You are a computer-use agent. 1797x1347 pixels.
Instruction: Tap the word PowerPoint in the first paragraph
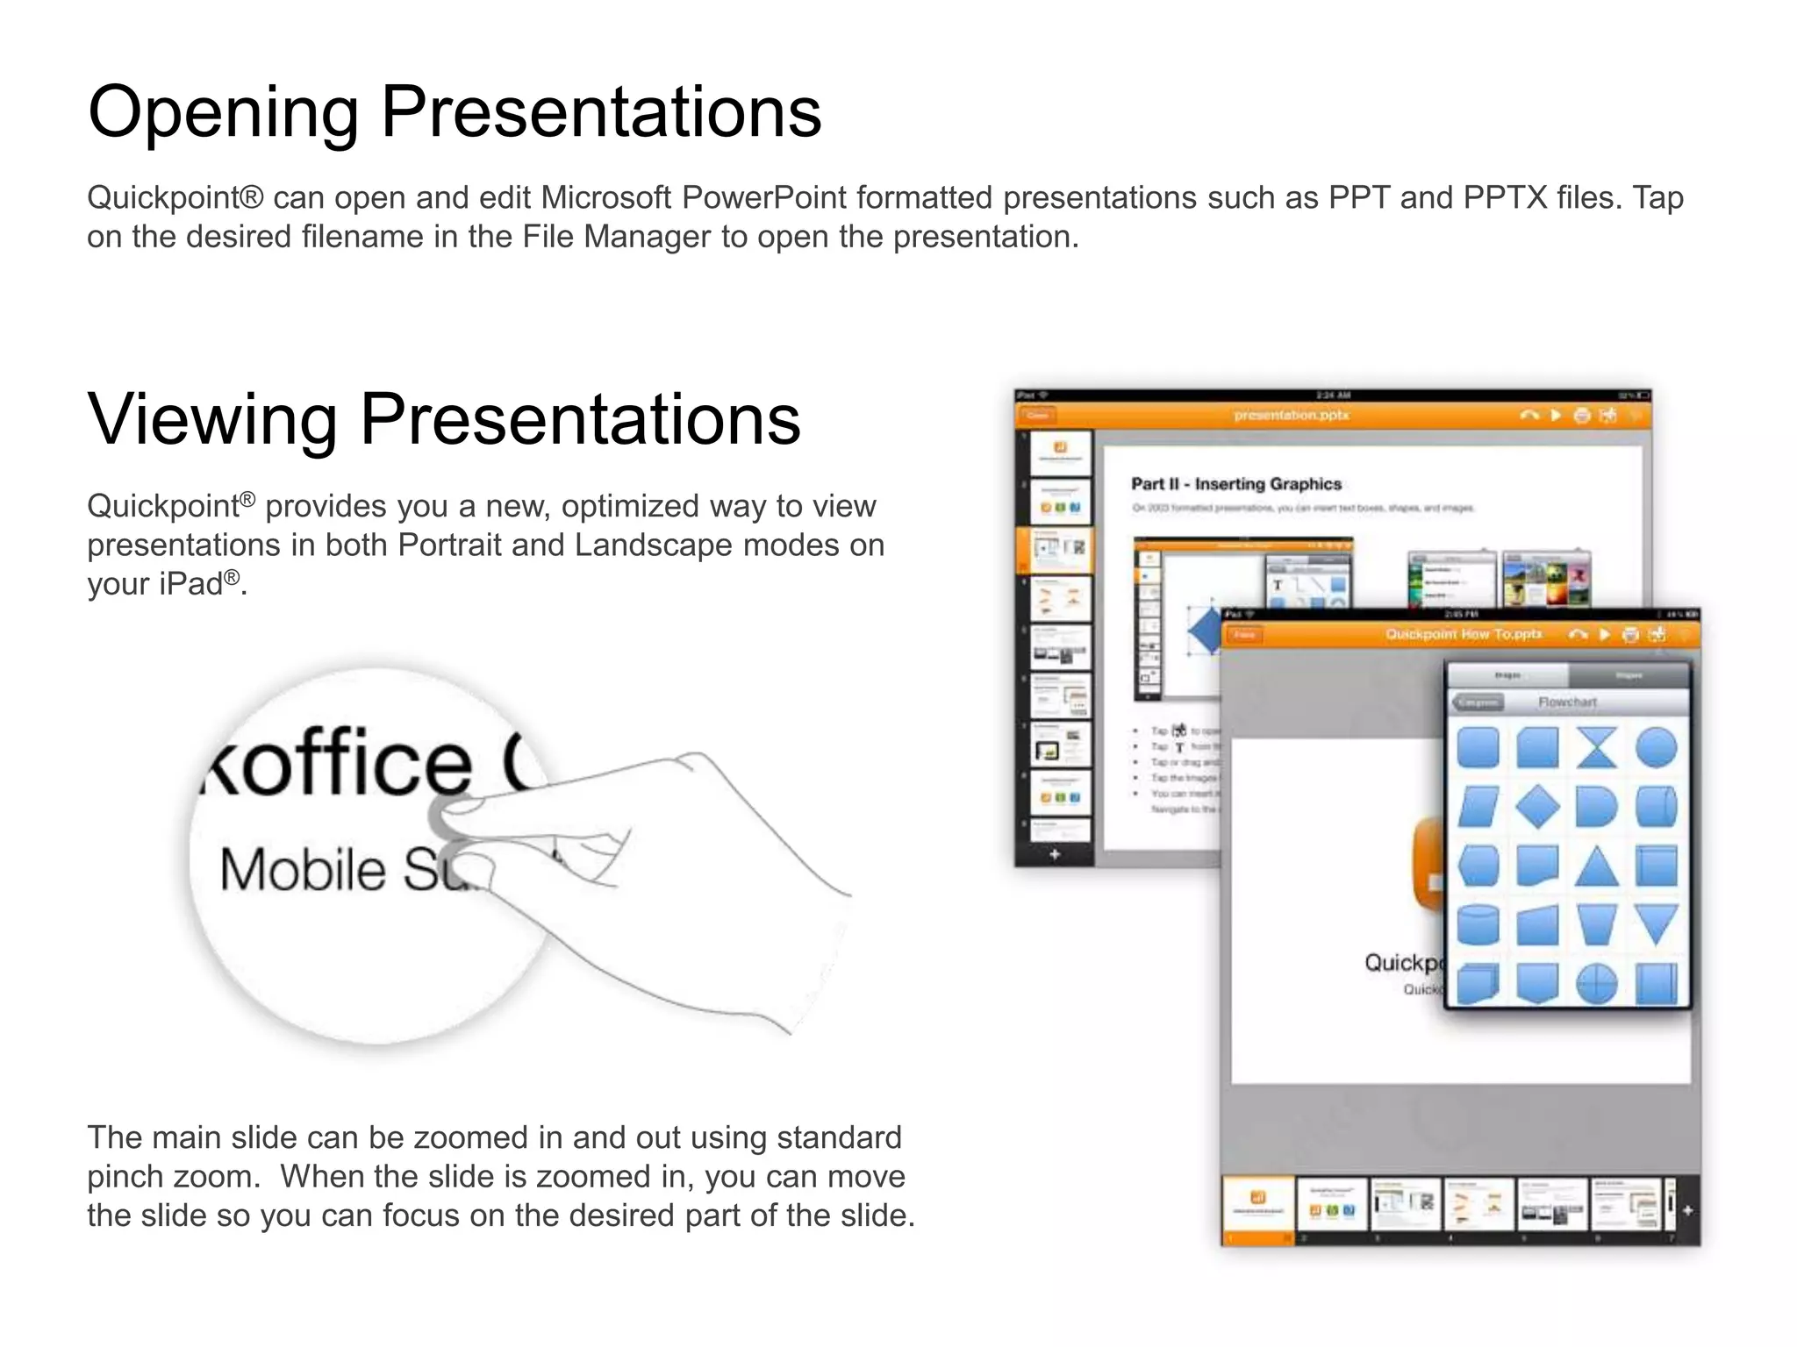coord(763,198)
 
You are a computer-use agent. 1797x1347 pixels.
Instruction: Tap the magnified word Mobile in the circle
coord(303,870)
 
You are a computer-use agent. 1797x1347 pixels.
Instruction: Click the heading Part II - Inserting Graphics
coord(1235,484)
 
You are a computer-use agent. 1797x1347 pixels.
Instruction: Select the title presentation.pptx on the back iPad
coord(1291,415)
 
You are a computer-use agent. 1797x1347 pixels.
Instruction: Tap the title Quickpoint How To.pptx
coord(1463,634)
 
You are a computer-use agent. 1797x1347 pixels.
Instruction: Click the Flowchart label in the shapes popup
coord(1567,702)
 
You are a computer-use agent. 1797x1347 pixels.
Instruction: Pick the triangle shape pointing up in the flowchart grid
coord(1596,866)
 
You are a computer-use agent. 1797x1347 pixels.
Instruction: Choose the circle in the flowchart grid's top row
coord(1656,748)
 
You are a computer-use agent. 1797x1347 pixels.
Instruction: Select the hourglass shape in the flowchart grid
coord(1596,748)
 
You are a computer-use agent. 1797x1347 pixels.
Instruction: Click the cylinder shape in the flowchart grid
coord(1478,925)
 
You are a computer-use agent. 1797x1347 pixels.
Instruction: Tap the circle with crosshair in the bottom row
coord(1596,984)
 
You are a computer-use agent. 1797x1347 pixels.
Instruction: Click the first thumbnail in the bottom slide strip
coord(1257,1204)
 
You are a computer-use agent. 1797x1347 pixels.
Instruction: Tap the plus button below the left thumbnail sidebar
coord(1055,854)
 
